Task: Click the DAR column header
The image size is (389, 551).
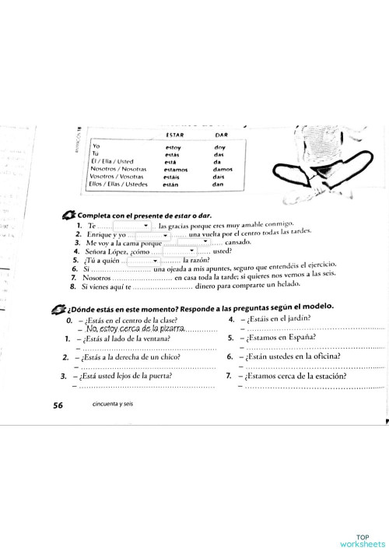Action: click(219, 135)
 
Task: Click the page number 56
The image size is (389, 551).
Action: click(58, 405)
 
